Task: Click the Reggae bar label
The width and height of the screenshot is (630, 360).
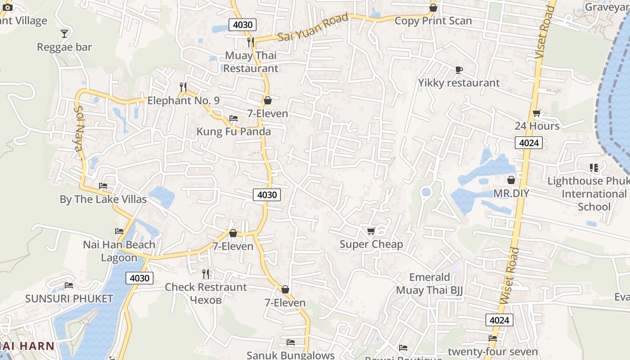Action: click(64, 47)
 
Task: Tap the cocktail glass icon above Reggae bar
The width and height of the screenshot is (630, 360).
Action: click(64, 33)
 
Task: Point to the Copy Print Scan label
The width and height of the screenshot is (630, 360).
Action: click(433, 21)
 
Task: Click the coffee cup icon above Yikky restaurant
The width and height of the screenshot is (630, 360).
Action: click(459, 70)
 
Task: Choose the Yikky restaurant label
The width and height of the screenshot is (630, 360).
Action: click(459, 83)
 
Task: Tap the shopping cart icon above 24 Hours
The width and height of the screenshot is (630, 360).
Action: click(536, 113)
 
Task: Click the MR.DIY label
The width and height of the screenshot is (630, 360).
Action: click(511, 193)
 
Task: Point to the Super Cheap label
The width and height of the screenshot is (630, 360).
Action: click(371, 244)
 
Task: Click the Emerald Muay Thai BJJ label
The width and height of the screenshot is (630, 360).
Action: click(429, 283)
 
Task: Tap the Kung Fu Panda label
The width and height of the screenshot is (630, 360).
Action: click(234, 131)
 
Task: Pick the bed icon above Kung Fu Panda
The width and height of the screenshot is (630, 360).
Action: click(234, 118)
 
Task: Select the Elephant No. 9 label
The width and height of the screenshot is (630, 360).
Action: click(184, 100)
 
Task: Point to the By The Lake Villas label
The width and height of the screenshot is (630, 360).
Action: click(103, 199)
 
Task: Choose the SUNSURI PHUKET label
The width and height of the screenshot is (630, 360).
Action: click(69, 299)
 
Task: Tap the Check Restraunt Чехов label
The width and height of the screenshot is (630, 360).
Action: click(206, 293)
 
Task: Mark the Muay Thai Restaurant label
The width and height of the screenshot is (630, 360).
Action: click(251, 62)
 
